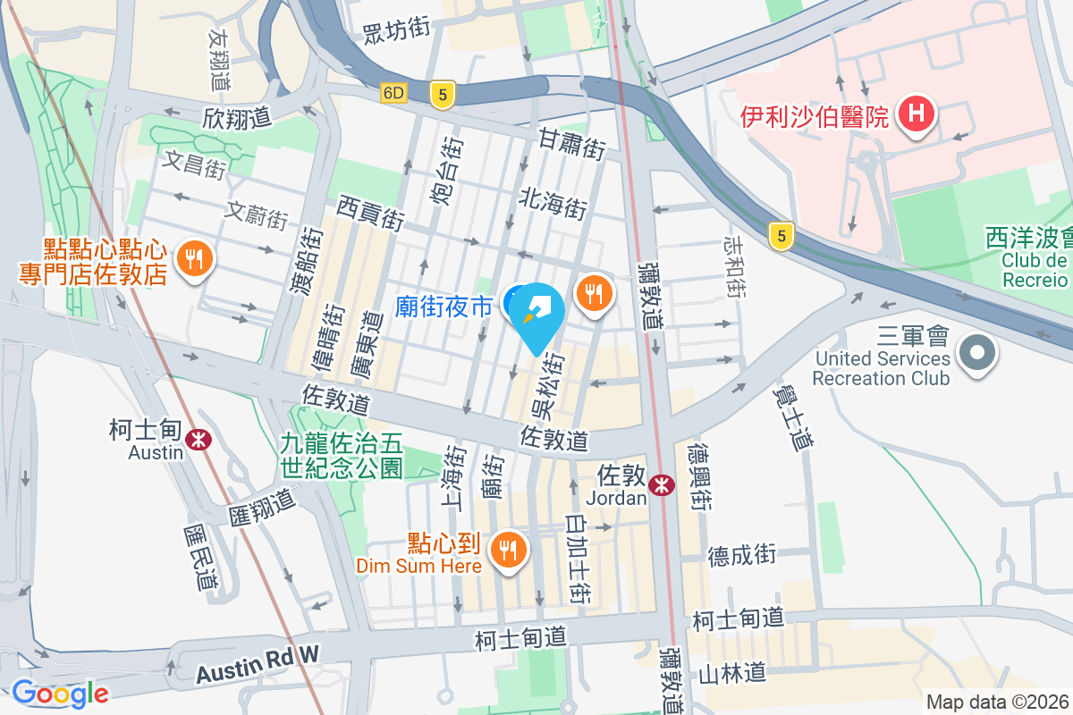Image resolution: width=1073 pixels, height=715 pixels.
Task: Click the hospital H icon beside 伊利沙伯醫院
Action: (917, 114)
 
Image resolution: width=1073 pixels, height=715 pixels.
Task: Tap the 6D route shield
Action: (393, 93)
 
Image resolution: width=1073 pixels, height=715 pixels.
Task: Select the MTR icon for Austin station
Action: (199, 438)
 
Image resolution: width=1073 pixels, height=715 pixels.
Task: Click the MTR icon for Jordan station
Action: (662, 484)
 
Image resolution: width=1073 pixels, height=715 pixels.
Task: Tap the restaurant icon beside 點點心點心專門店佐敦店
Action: (194, 259)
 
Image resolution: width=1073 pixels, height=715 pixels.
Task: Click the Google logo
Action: (60, 694)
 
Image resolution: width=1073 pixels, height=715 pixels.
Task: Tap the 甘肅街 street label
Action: (572, 144)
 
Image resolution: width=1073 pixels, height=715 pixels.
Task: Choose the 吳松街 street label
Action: (549, 386)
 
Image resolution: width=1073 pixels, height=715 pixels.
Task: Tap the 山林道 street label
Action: (732, 671)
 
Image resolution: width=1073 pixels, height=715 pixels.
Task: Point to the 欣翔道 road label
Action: (237, 118)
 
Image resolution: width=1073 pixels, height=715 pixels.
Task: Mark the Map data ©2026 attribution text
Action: (997, 702)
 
